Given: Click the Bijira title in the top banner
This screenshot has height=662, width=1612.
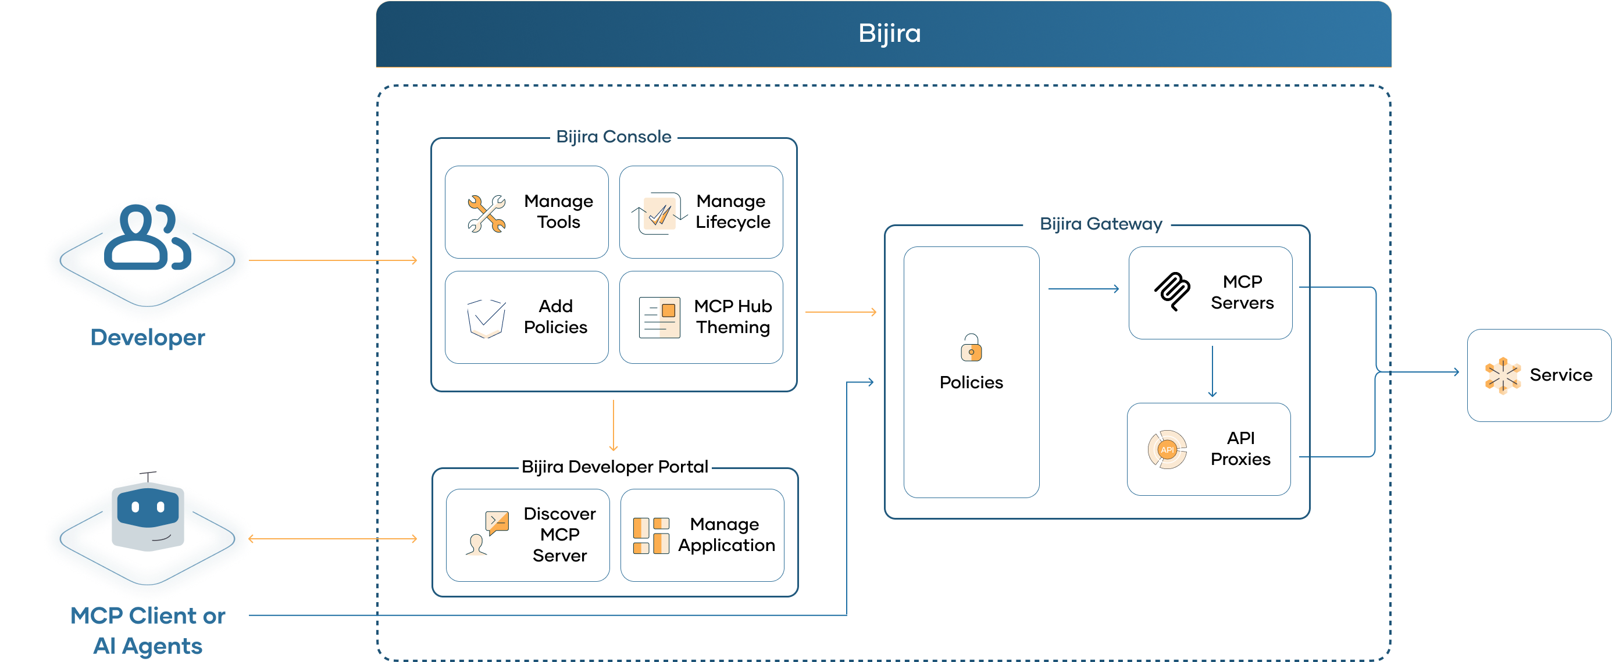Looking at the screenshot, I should click(889, 33).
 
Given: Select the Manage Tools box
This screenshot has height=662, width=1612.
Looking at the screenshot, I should click(526, 212).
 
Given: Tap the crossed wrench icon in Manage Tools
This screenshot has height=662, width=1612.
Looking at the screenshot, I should click(486, 213).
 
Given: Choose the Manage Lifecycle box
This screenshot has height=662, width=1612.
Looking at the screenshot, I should click(701, 212).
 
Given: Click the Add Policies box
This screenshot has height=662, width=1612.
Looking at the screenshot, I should click(526, 317).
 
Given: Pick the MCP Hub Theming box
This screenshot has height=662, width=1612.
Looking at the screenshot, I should click(701, 317).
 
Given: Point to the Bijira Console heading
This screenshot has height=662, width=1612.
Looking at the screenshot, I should click(614, 137).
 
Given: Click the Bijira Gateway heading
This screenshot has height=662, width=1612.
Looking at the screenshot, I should click(1101, 224).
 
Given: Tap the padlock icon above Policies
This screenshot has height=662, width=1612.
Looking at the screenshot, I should click(971, 348).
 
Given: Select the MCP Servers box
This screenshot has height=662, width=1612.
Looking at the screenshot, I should click(1210, 293).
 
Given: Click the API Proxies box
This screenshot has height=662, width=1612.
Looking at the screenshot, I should click(1208, 449).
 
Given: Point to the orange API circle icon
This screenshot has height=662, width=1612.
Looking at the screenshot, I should click(1167, 449).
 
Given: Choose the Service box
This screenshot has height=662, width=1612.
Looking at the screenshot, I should click(1539, 375).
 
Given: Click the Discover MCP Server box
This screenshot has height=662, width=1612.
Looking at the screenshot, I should click(527, 535).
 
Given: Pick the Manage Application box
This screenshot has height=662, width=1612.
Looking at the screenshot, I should click(702, 535).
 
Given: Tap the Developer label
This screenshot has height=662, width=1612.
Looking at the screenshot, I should click(148, 338).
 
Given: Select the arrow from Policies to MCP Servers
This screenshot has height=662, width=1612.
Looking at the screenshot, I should click(1083, 289).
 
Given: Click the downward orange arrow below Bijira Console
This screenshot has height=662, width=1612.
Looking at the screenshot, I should click(614, 426).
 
